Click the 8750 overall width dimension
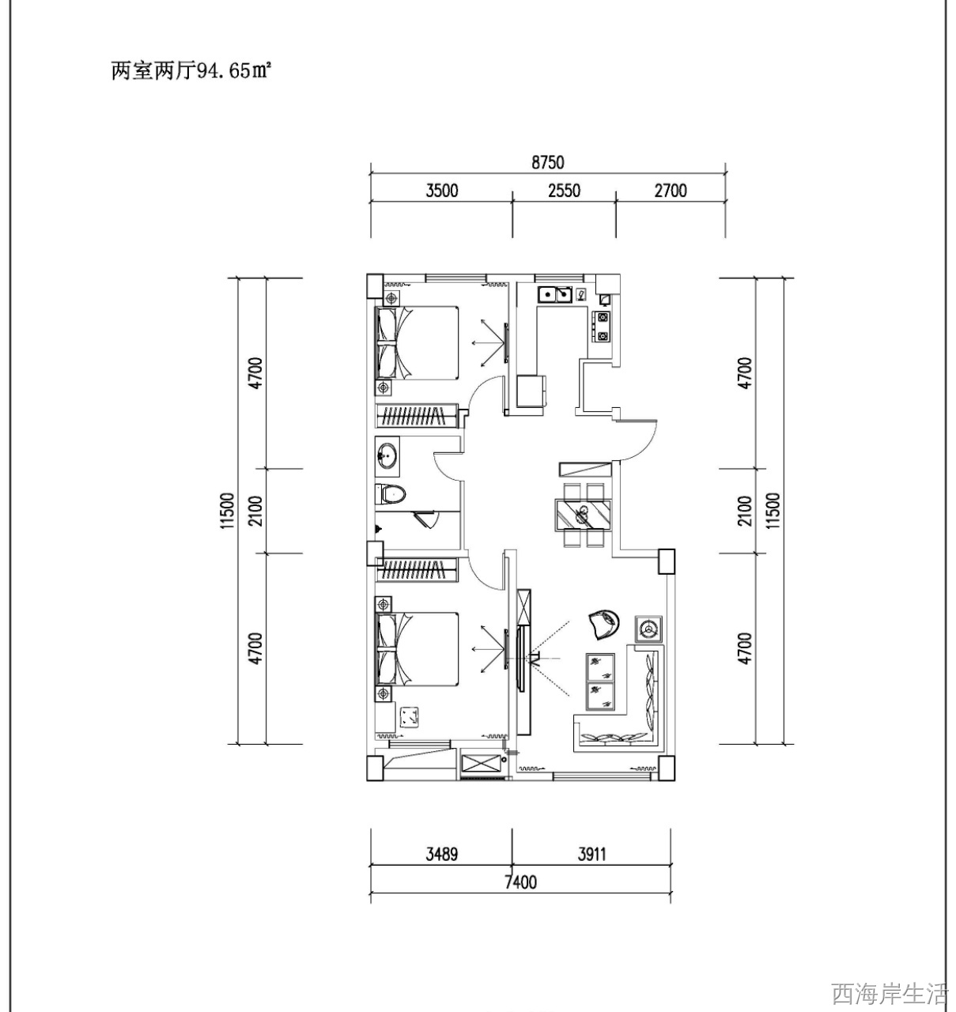tap(548, 162)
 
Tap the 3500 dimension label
tap(441, 191)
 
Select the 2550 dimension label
tap(564, 191)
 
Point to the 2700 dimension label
tap(671, 191)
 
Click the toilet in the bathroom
tap(391, 494)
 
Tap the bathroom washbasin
tap(388, 454)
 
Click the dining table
tap(584, 515)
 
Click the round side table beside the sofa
tap(648, 629)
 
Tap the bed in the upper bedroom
tap(417, 342)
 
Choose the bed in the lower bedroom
tap(417, 649)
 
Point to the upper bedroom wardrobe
tap(417, 415)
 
